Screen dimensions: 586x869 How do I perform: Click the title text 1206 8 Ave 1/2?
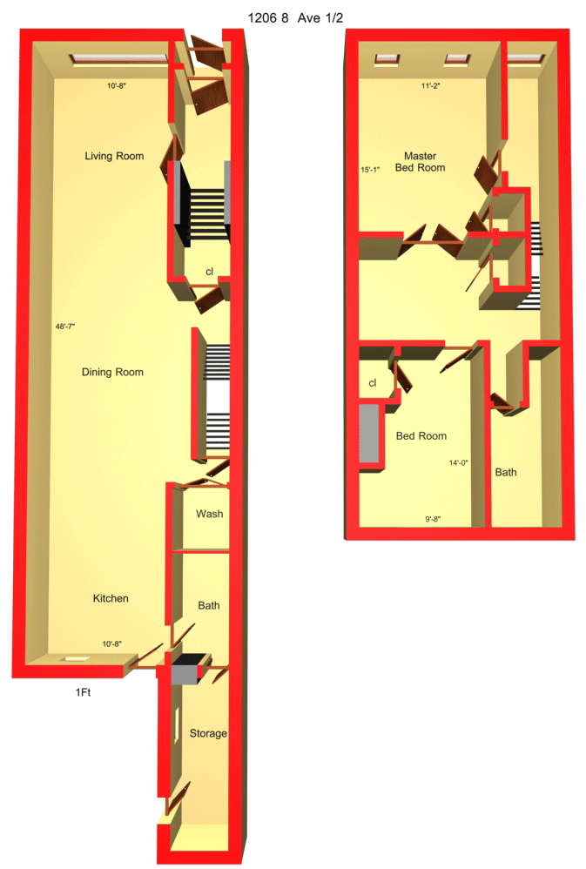point(295,17)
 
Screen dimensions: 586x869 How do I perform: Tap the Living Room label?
point(114,156)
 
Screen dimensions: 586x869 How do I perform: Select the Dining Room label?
point(112,372)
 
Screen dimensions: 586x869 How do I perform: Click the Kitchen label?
point(111,598)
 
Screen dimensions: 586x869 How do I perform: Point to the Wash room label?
point(210,514)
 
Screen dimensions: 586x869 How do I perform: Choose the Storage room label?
point(208,733)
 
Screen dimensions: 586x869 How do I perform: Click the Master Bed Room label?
point(421,162)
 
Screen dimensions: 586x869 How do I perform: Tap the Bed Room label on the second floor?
point(421,436)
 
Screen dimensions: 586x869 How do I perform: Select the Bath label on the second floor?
point(506,472)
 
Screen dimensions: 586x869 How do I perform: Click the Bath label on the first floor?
point(209,606)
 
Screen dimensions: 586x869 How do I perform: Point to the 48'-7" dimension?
point(65,327)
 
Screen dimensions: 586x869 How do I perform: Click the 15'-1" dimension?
point(370,170)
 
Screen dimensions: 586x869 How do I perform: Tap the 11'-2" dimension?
point(431,86)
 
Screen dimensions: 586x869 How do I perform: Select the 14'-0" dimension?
point(459,462)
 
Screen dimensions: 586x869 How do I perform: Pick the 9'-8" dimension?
point(433,519)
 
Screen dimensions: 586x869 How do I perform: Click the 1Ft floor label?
point(84,692)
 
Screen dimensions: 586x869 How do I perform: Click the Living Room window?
point(118,58)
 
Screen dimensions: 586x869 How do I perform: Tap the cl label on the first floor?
point(209,272)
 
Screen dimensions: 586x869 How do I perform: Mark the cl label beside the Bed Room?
point(373,383)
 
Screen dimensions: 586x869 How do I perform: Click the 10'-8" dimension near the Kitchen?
point(112,644)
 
